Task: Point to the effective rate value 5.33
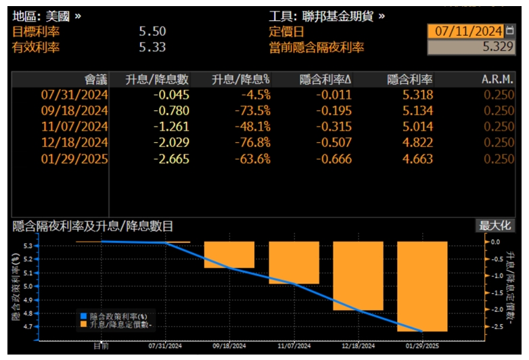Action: tap(152, 47)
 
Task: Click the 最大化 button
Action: tap(495, 226)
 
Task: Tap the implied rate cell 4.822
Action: tap(419, 143)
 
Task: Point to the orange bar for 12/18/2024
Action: tap(358, 275)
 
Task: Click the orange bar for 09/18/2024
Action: tap(229, 254)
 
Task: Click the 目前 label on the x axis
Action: tap(101, 345)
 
